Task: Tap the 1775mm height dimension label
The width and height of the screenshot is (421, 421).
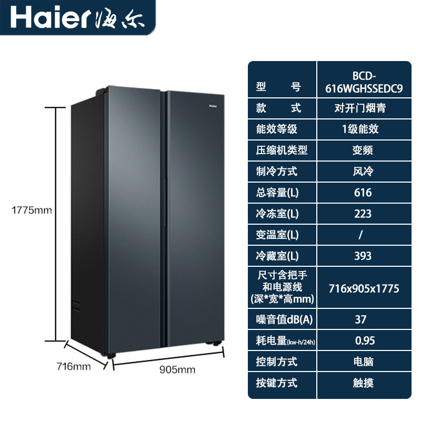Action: [32, 210]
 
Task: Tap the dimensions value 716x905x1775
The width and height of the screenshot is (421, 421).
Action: [363, 288]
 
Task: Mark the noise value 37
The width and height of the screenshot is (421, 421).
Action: [361, 319]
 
